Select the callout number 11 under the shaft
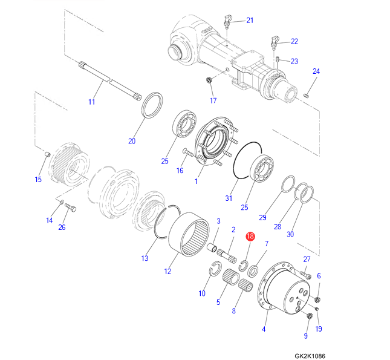92,102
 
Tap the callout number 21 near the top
250,21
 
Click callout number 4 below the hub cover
264,330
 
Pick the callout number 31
229,198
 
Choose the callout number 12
167,271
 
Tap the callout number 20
132,142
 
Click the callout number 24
315,71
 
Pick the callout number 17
213,100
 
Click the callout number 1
196,181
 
